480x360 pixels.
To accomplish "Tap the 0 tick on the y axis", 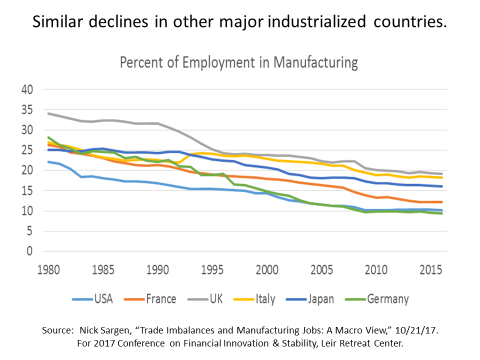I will pos(29,251).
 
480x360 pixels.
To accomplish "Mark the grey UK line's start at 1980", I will pos(48,113).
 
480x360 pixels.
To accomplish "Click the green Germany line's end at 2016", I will pos(441,213).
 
